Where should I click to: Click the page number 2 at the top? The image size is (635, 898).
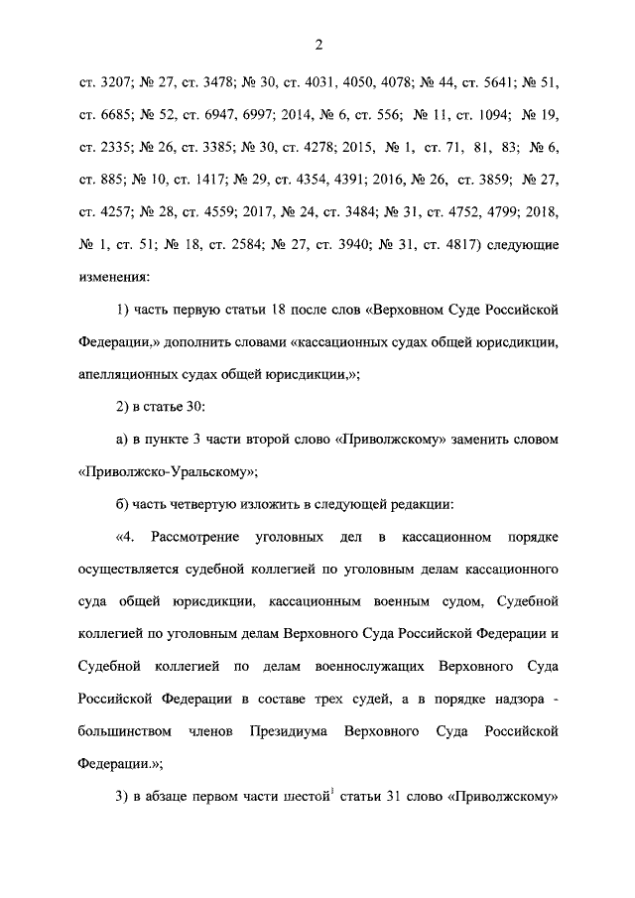[x=318, y=43]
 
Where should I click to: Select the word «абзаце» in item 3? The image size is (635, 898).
[x=174, y=796]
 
